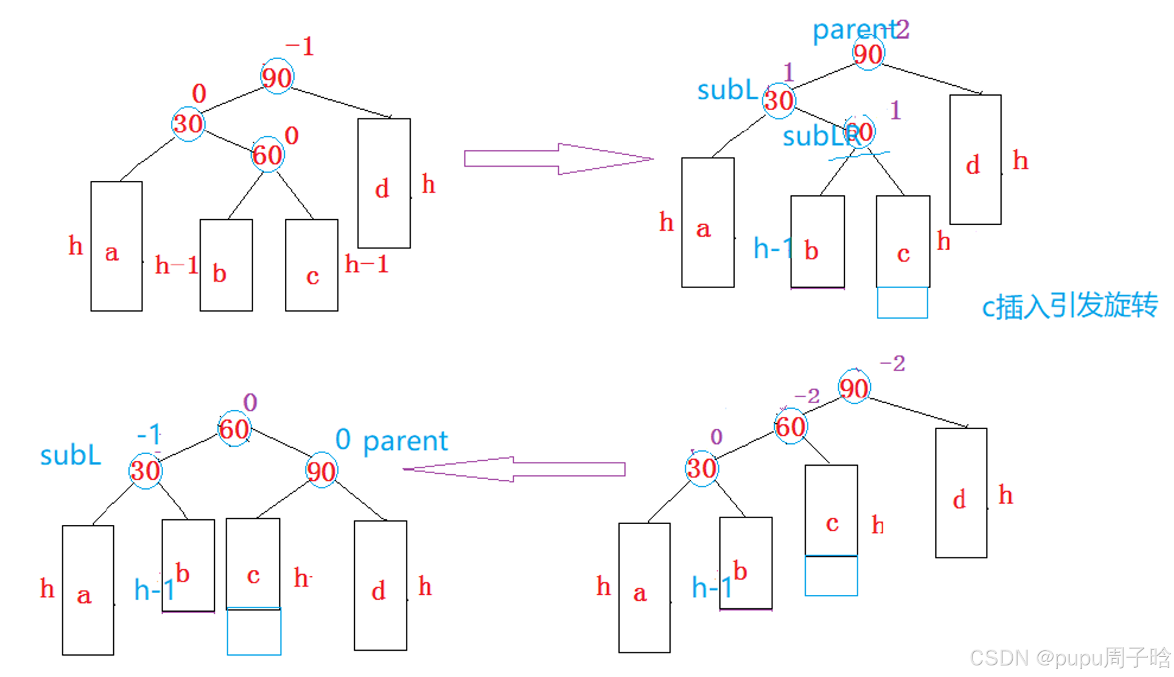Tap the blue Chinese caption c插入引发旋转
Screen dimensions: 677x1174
click(x=1069, y=305)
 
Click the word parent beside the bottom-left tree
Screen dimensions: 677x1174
click(x=405, y=441)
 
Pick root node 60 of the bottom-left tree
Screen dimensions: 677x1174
click(x=234, y=429)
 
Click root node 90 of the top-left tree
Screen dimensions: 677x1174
click(x=277, y=77)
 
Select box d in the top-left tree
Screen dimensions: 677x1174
click(x=384, y=183)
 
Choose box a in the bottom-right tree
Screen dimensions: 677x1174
click(x=645, y=588)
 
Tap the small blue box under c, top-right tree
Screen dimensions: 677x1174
click(x=902, y=303)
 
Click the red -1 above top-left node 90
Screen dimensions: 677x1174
click(x=300, y=47)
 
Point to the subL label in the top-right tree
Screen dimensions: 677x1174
click(x=727, y=91)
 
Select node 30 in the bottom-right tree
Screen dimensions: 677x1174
click(x=702, y=469)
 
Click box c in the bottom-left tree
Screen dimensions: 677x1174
click(x=253, y=563)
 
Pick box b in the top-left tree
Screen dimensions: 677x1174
click(x=226, y=265)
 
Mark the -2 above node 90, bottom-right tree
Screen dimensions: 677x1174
click(x=893, y=363)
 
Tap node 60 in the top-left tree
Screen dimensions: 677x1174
click(x=268, y=155)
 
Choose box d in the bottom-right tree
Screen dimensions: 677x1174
click(x=961, y=493)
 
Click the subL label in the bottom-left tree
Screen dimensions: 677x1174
click(x=71, y=455)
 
